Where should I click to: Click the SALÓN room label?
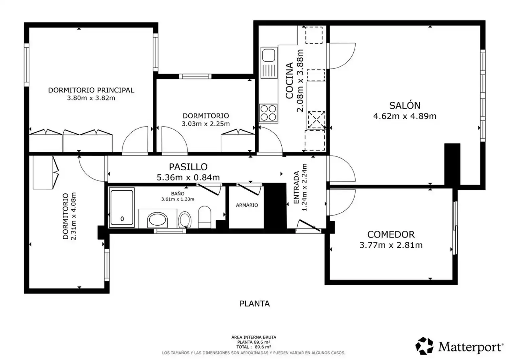coord(405,106)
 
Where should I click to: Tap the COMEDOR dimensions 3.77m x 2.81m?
coord(391,245)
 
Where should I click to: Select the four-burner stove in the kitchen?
coord(268,113)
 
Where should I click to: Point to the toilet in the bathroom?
coord(205,217)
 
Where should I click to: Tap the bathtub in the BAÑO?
coord(122,207)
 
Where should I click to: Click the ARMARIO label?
coord(247,205)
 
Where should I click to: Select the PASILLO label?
coord(188,167)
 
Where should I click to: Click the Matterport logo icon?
coord(424,346)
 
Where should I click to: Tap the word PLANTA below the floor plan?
coord(254,304)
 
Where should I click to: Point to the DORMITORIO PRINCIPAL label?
coord(91,90)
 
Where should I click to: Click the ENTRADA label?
coord(296,188)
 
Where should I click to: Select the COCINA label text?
coord(289,81)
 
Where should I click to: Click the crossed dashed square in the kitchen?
coord(316,119)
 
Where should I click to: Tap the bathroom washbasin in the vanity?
coord(157,220)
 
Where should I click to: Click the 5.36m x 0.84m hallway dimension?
coord(188,177)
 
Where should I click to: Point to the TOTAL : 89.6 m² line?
coord(253,347)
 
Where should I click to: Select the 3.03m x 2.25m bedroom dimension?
coord(206,124)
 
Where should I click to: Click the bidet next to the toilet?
coord(185,219)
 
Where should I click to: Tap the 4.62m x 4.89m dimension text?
coord(405,116)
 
